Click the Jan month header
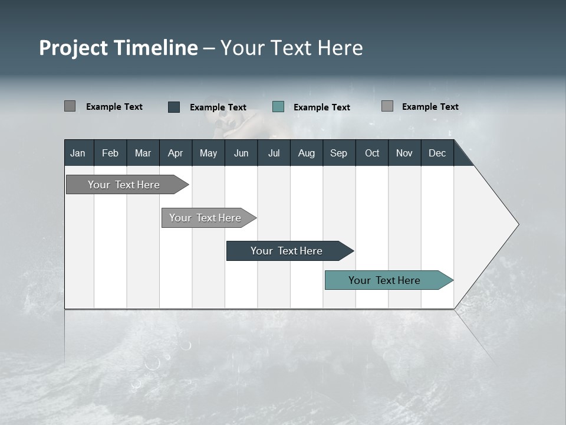click(78, 153)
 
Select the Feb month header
click(110, 153)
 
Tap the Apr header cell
click(175, 153)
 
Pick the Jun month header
click(241, 153)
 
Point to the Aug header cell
click(306, 153)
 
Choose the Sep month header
click(338, 153)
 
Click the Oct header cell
click(371, 153)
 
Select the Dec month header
click(437, 153)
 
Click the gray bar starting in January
click(124, 185)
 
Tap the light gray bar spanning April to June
click(205, 218)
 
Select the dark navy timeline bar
click(287, 251)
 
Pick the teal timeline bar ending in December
click(384, 280)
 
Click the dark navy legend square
click(174, 107)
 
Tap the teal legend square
click(278, 107)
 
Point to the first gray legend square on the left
click(70, 106)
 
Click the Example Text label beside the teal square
click(321, 107)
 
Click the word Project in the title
click(74, 48)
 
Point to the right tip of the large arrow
click(517, 224)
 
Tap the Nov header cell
click(404, 153)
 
